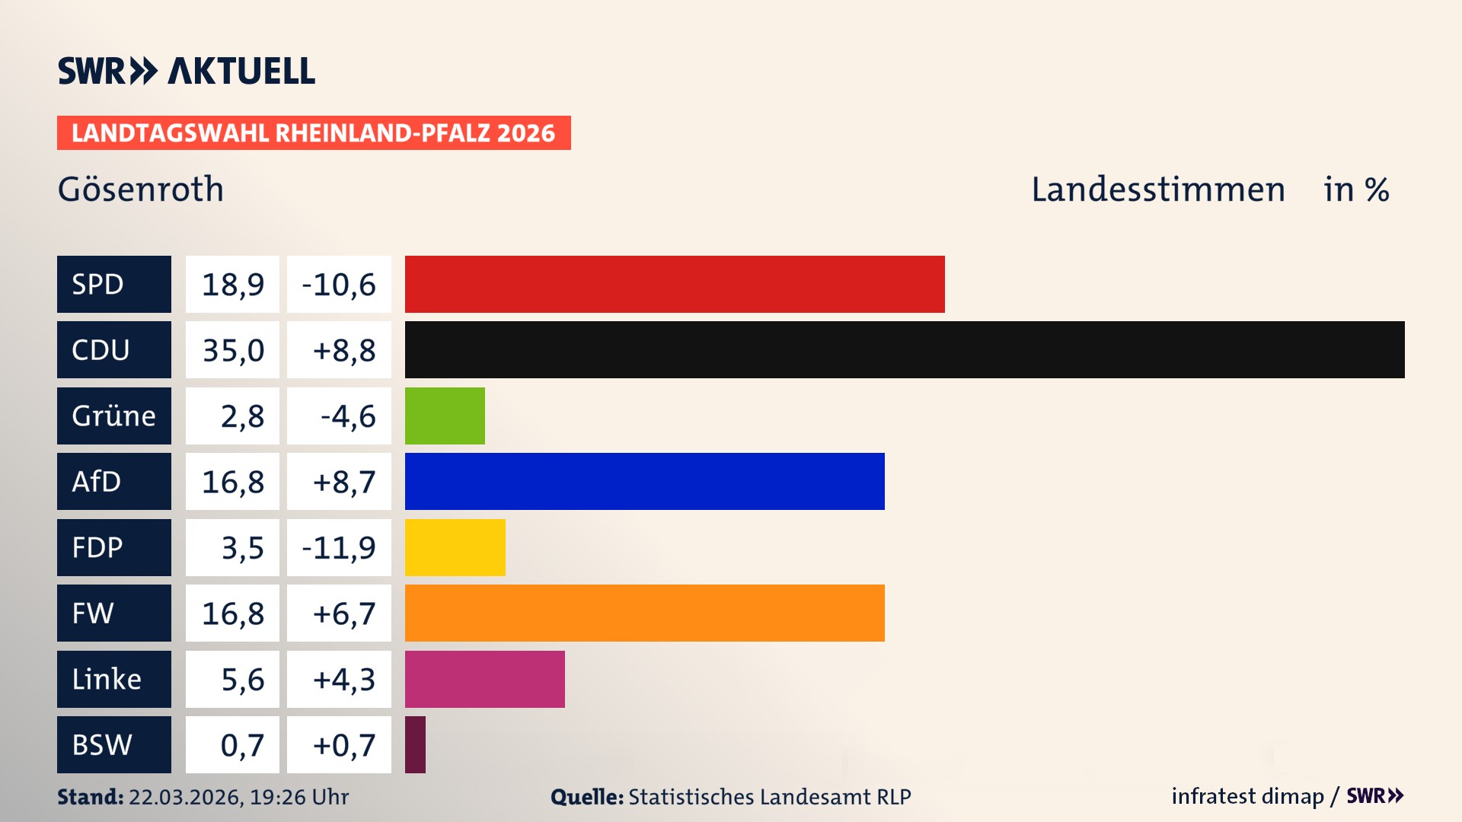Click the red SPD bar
click(x=675, y=284)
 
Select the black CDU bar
click(x=905, y=350)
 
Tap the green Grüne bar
click(x=445, y=416)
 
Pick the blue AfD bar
click(x=644, y=481)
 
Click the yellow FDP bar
click(x=455, y=547)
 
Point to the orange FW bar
click(x=644, y=613)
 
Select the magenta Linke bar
click(x=484, y=679)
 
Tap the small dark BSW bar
click(x=415, y=744)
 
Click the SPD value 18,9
click(x=232, y=285)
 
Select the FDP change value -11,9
click(x=339, y=548)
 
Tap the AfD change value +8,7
click(x=343, y=482)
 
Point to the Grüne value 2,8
click(x=242, y=416)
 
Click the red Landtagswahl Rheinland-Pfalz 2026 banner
click(x=314, y=133)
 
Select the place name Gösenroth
click(x=141, y=190)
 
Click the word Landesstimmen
click(x=1157, y=190)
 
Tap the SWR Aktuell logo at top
click(x=187, y=71)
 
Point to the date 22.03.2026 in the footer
click(x=185, y=797)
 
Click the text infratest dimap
click(x=1247, y=796)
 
